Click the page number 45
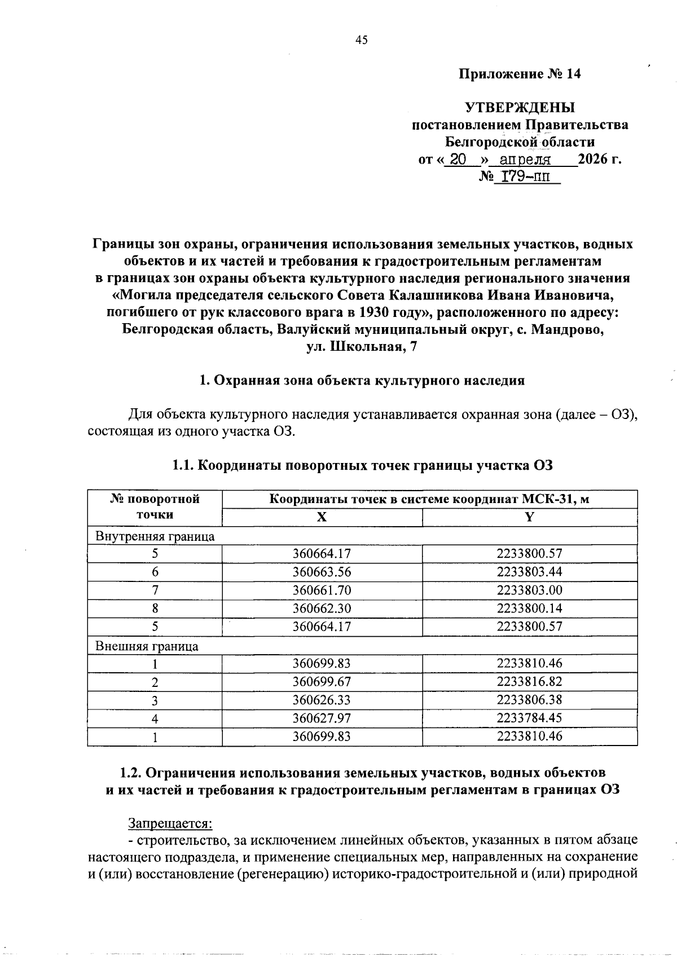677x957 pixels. click(362, 39)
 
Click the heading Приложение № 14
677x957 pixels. click(519, 74)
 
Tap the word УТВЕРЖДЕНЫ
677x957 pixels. click(519, 108)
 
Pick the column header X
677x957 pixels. click(322, 517)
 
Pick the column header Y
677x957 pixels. click(529, 517)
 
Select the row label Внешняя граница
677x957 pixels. click(147, 646)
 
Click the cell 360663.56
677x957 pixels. click(322, 572)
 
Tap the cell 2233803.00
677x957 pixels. click(529, 590)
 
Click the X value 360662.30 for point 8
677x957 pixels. click(322, 608)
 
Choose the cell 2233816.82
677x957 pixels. click(529, 682)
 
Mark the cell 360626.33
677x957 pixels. click(322, 700)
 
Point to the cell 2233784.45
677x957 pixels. click(529, 718)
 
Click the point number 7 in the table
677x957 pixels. click(155, 590)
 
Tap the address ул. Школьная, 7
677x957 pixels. click(362, 347)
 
